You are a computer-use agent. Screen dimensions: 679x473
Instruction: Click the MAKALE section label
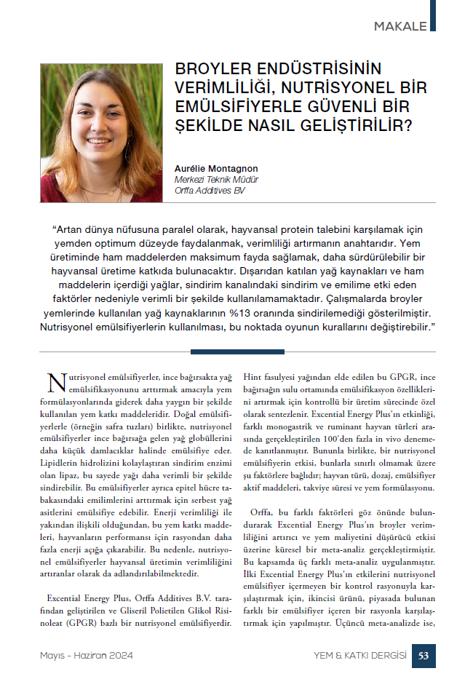400,27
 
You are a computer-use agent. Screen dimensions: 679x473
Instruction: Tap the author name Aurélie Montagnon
216,169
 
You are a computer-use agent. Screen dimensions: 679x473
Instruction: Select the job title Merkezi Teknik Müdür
216,180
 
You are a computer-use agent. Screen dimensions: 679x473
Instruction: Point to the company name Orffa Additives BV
210,191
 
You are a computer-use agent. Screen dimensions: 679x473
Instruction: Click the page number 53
424,656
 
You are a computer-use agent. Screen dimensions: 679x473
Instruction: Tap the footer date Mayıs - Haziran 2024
87,656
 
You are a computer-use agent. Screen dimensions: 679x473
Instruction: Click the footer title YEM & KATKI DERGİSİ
355,656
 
